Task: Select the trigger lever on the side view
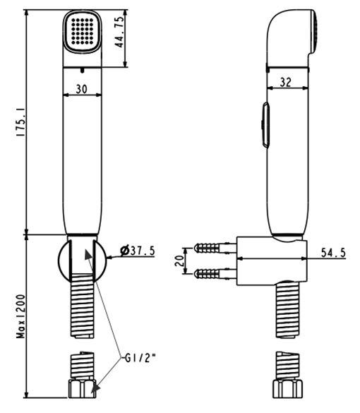pyautogui.click(x=263, y=125)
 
